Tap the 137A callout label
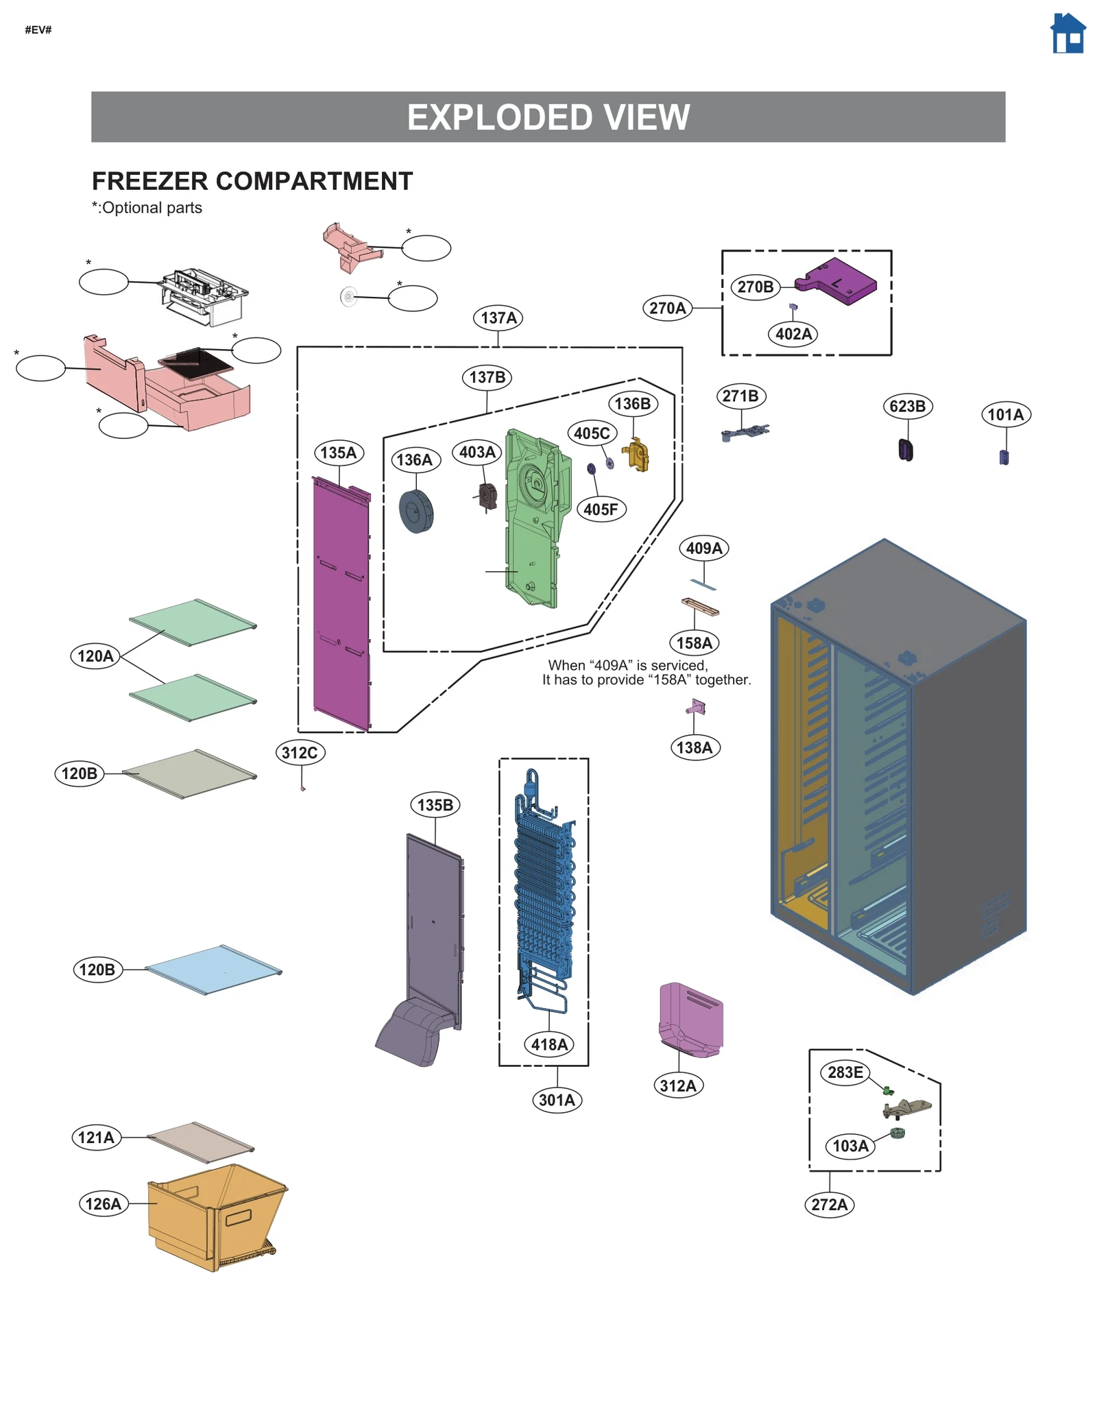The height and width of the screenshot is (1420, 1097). pyautogui.click(x=498, y=318)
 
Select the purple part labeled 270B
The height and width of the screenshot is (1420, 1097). pyautogui.click(x=839, y=282)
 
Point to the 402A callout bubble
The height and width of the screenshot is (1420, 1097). pyautogui.click(x=793, y=334)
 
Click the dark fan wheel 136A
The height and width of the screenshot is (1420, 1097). pyautogui.click(x=416, y=512)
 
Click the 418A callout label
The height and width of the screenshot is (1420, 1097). pyautogui.click(x=548, y=1044)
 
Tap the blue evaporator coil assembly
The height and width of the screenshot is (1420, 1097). pyautogui.click(x=544, y=891)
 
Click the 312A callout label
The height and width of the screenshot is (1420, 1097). pyautogui.click(x=677, y=1085)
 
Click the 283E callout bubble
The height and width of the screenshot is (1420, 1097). pyautogui.click(x=845, y=1072)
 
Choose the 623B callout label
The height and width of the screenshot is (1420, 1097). pyautogui.click(x=906, y=407)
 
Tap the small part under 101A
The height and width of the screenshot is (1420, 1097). pyautogui.click(x=1004, y=457)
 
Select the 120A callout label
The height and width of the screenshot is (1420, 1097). pyautogui.click(x=95, y=656)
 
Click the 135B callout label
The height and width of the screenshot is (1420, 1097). pyautogui.click(x=435, y=805)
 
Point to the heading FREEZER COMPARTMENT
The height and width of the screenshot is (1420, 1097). pyautogui.click(x=252, y=182)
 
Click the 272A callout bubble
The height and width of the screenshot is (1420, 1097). pyautogui.click(x=829, y=1204)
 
